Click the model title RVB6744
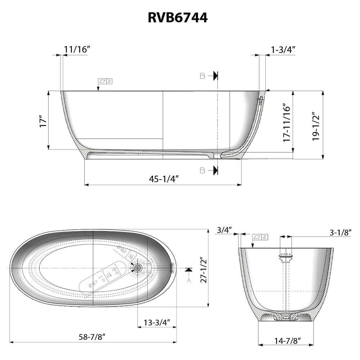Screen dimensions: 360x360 (x=177, y=17)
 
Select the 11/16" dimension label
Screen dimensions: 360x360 (x=77, y=49)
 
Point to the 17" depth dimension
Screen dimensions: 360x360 (x=43, y=121)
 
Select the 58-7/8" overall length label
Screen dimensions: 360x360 (x=92, y=337)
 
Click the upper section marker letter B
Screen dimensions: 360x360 (x=202, y=76)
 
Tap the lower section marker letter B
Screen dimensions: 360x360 (x=202, y=170)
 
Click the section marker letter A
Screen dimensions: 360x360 (x=188, y=281)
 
